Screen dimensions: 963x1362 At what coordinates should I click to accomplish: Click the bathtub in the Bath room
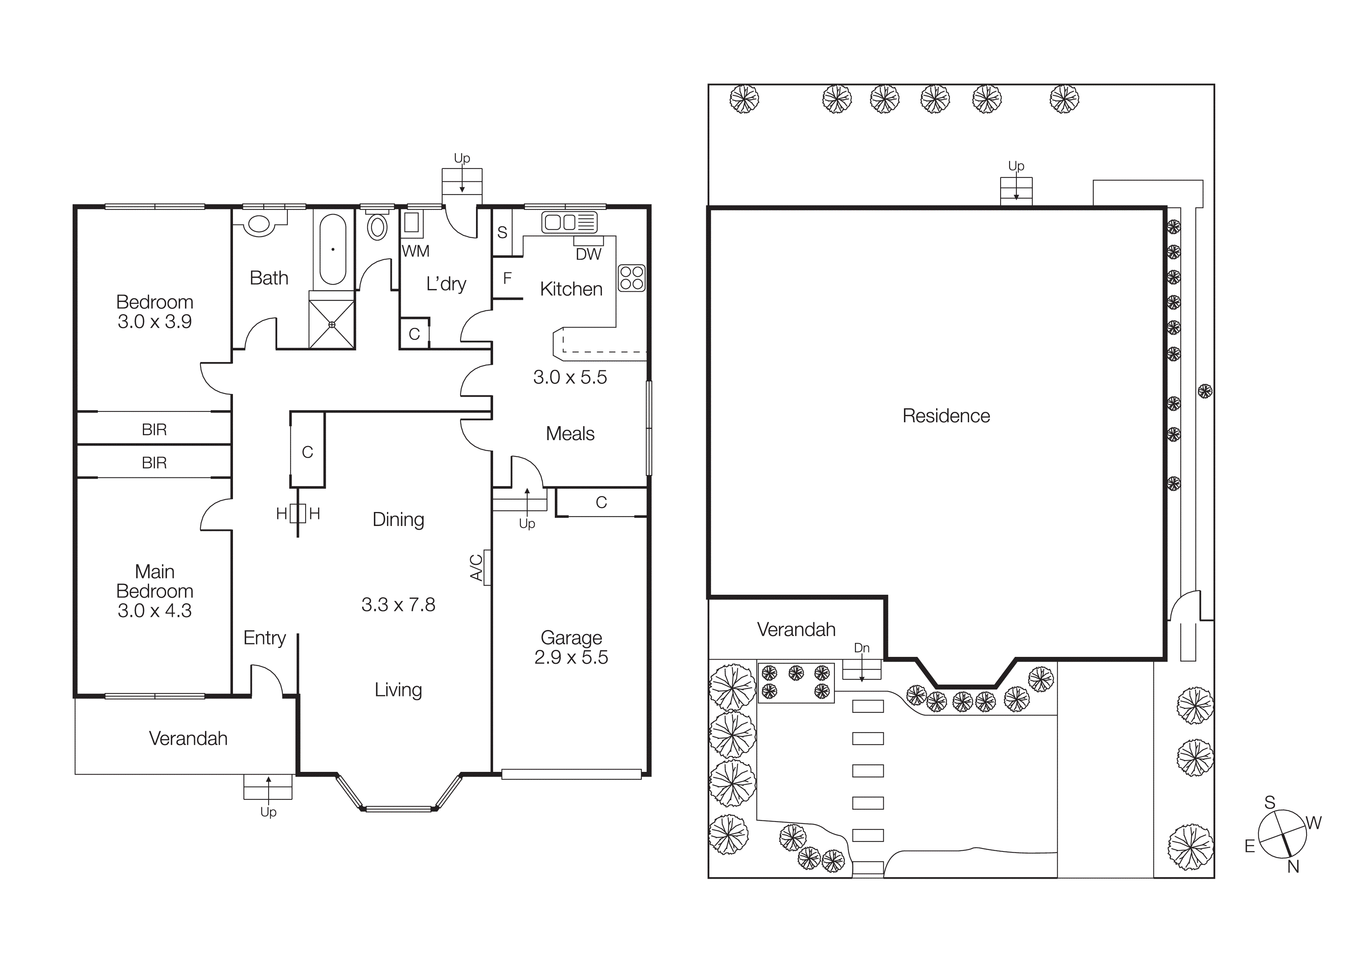click(x=333, y=249)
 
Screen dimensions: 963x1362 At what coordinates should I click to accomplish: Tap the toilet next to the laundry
click(x=377, y=226)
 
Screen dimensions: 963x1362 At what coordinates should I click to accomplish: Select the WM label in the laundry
click(x=415, y=251)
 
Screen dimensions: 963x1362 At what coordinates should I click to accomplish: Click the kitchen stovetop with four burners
click(x=631, y=278)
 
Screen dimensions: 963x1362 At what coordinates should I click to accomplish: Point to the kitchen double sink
click(x=569, y=223)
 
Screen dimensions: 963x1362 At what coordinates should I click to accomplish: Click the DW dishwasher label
click(x=589, y=254)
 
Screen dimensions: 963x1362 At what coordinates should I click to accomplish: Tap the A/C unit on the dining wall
click(x=486, y=567)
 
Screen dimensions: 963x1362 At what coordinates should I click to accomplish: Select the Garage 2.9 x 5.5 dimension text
click(x=571, y=657)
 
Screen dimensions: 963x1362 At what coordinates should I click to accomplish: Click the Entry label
click(x=264, y=638)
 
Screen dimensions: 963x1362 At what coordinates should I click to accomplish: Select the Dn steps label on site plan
click(x=861, y=648)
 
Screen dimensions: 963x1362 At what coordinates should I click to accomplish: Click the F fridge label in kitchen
click(x=507, y=278)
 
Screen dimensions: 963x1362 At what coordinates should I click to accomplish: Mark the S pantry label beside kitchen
click(x=502, y=232)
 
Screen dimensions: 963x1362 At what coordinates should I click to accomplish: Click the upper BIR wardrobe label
click(x=154, y=430)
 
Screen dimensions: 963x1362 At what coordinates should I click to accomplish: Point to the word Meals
click(x=570, y=434)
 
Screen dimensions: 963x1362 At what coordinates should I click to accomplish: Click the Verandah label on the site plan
click(x=796, y=630)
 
